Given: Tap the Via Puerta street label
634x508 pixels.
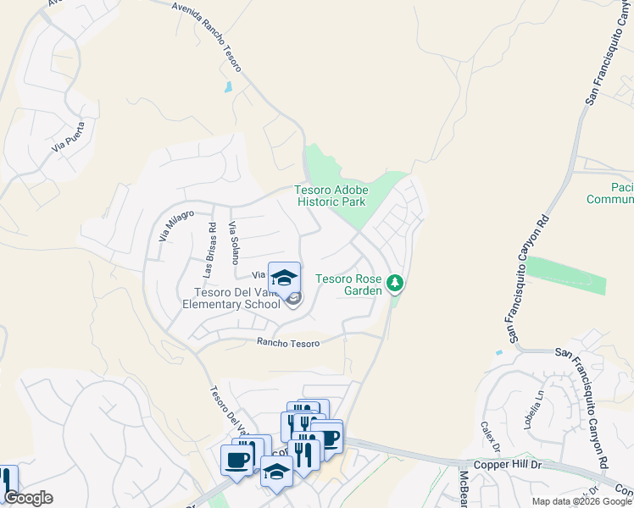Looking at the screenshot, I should coord(69,136).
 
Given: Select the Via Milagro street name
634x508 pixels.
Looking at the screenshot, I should coord(176,225).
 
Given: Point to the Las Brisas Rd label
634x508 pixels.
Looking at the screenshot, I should coord(209,251).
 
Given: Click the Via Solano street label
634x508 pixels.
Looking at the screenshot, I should coord(235,243).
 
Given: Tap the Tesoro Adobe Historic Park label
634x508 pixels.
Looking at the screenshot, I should coord(331,196).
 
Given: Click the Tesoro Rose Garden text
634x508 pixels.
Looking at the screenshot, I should coord(348,284).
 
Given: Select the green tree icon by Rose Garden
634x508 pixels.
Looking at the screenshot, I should coord(394,283).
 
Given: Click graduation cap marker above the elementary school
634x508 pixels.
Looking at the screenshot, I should coord(285,278).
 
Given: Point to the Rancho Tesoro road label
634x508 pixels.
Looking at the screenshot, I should coord(288,343).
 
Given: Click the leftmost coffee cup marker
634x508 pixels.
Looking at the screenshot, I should coord(236,461).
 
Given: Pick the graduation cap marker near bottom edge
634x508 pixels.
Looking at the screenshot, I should coord(276,470).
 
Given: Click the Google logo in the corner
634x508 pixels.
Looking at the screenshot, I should coord(28,498).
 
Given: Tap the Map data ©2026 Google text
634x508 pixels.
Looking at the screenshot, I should coord(581,501).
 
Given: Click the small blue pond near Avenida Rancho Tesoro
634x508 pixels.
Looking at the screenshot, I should coord(227,86).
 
